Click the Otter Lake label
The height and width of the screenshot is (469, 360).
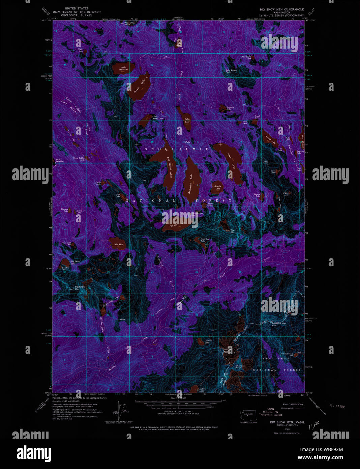pyautogui.click(x=232, y=161)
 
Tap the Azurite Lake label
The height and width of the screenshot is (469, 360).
pyautogui.click(x=217, y=187)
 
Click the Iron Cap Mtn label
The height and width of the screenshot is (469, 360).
pyautogui.click(x=231, y=231)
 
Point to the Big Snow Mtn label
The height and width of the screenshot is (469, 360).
pyautogui.click(x=77, y=288)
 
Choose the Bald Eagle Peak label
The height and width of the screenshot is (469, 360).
pyautogui.click(x=231, y=71)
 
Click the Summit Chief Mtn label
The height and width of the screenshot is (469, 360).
pyautogui.click(x=278, y=324)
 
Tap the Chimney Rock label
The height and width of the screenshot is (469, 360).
pyautogui.click(x=240, y=366)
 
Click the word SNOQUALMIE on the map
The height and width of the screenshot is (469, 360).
pyautogui.click(x=177, y=149)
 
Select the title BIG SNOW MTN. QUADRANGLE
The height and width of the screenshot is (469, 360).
pyautogui.click(x=281, y=9)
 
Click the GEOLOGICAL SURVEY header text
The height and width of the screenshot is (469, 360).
pyautogui.click(x=77, y=15)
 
